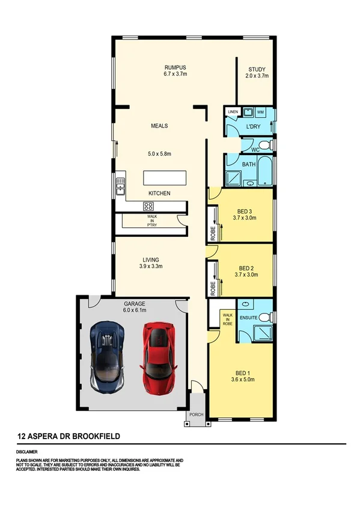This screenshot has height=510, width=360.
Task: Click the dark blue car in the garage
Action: click(108, 356)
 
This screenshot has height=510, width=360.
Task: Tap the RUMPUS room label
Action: click(175, 67)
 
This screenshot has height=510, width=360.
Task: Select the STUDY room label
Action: click(257, 69)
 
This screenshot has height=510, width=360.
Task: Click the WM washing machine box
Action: click(260, 112)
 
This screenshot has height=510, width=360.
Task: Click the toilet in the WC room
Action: click(269, 145)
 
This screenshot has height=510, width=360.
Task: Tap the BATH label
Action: click(249, 164)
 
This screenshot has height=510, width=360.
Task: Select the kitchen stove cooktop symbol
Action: click(148, 206)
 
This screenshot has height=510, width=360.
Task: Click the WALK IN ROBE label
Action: click(227, 319)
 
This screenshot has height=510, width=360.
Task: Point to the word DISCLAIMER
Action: click(27, 450)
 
